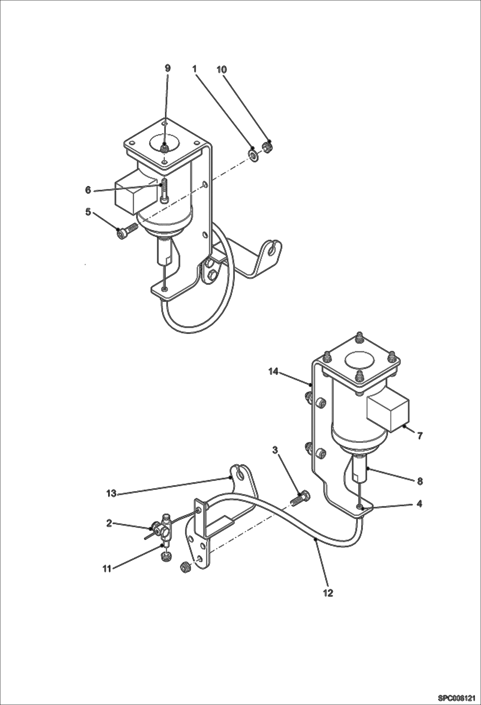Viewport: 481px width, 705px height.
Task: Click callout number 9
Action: [168, 68]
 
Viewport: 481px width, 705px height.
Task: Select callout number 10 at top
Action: [222, 69]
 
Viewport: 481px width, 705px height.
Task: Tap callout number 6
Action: [88, 190]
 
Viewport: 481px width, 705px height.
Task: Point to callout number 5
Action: [88, 212]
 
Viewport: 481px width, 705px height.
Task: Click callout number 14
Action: [273, 372]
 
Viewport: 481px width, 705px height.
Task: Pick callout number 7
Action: [420, 436]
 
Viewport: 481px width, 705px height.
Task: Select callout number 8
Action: [420, 481]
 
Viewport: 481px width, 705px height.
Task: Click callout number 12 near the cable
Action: [328, 593]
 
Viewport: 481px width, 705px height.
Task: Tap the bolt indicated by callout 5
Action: [127, 232]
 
